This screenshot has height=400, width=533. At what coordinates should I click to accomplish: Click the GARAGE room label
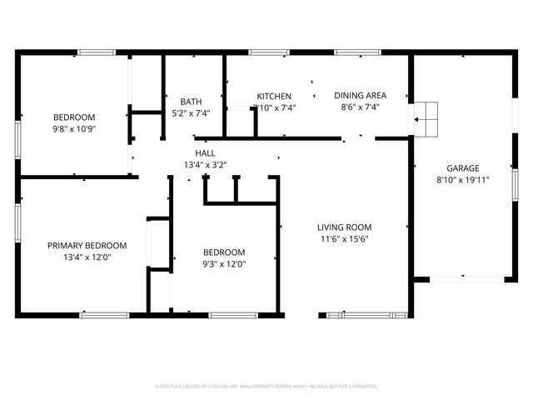pyautogui.click(x=462, y=167)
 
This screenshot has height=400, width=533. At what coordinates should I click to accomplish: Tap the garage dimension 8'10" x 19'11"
pyautogui.click(x=462, y=179)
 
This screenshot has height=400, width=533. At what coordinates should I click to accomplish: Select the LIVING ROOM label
pyautogui.click(x=344, y=227)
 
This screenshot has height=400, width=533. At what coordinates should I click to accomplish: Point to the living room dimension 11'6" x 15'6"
pyautogui.click(x=344, y=238)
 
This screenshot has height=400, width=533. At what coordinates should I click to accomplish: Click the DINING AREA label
pyautogui.click(x=360, y=95)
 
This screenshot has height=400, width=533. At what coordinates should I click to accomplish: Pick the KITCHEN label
pyautogui.click(x=274, y=95)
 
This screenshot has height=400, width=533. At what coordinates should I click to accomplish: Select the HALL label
pyautogui.click(x=205, y=153)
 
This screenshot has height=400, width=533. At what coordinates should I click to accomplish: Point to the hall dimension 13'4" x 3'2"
pyautogui.click(x=205, y=165)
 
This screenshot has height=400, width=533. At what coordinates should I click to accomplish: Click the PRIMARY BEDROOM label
pyautogui.click(x=87, y=245)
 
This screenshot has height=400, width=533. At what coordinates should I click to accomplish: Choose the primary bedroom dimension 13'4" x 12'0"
pyautogui.click(x=87, y=257)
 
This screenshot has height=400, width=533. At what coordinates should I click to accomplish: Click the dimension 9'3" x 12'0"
pyautogui.click(x=225, y=263)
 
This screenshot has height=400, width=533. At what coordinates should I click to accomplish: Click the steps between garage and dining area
pyautogui.click(x=426, y=119)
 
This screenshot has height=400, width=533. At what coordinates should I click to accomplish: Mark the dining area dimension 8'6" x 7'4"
pyautogui.click(x=360, y=107)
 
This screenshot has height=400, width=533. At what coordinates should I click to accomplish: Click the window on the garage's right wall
pyautogui.click(x=515, y=193)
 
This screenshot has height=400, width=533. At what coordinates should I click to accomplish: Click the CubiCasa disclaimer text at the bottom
pyautogui.click(x=266, y=387)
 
